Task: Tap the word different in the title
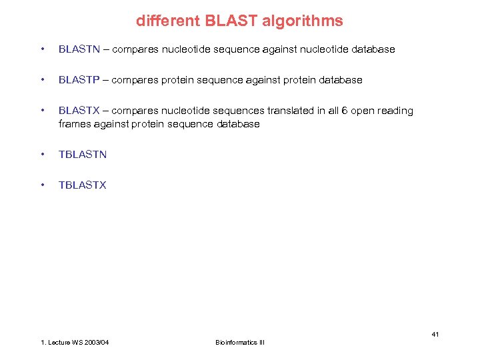point(163,21)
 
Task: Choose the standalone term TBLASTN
point(83,155)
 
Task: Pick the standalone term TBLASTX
point(83,185)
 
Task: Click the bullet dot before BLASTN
point(43,49)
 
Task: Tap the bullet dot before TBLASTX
point(43,185)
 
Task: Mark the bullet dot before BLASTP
point(43,80)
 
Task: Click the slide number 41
point(435,334)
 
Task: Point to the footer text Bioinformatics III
point(240,343)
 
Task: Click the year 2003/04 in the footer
point(96,343)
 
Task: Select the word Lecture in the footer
point(59,343)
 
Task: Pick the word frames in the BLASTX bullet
point(74,124)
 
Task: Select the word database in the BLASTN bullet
point(372,49)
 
